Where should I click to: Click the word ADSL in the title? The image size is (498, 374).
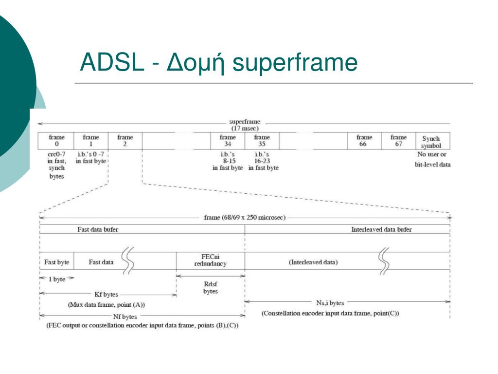[112, 63]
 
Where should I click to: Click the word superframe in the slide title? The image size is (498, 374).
[295, 63]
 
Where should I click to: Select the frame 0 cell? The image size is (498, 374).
[56, 141]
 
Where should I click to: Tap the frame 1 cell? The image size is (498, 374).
[91, 141]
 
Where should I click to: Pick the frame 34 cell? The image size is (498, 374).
[228, 141]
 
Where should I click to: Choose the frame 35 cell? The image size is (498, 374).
[262, 141]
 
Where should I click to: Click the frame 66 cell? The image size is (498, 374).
[364, 141]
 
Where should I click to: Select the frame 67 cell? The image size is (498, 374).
[398, 141]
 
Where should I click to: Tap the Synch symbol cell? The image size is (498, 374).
[431, 142]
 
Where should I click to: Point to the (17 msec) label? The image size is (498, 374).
[245, 128]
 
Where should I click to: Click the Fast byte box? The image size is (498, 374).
[56, 262]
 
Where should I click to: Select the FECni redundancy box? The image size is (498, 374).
[211, 260]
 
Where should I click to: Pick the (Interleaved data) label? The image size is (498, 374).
[313, 262]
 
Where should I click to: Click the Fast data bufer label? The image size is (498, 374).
[98, 229]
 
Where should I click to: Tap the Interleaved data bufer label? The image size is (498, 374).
[381, 229]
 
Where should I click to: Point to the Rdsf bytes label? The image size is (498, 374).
[211, 287]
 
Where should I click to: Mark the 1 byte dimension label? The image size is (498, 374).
[57, 279]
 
